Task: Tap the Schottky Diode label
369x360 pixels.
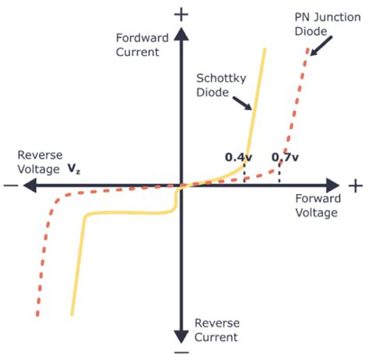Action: [213, 86]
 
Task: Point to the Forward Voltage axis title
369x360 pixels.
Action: [317, 206]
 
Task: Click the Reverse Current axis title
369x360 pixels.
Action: [216, 329]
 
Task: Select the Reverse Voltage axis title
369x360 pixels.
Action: [40, 161]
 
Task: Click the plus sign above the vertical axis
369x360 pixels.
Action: [181, 14]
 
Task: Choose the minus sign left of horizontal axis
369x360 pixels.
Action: [10, 185]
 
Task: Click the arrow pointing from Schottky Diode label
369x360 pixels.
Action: [243, 103]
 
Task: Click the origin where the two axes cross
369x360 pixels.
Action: [181, 185]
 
